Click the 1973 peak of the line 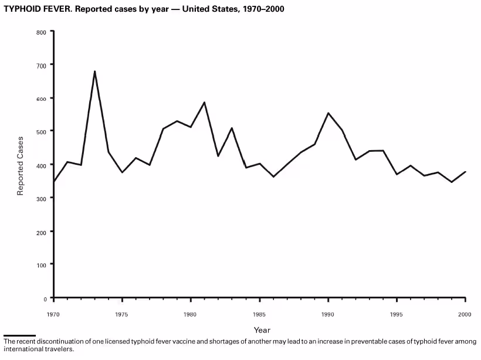click(94, 72)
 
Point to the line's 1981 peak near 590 click(204, 102)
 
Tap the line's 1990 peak click(328, 113)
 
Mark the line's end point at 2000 click(466, 172)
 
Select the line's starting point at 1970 click(53, 182)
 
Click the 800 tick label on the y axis click(40, 32)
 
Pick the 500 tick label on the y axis click(40, 131)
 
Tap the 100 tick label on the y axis click(40, 264)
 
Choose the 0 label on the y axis click(44, 298)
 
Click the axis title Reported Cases click(21, 166)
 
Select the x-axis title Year click(262, 330)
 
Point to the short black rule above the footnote click(19, 336)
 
